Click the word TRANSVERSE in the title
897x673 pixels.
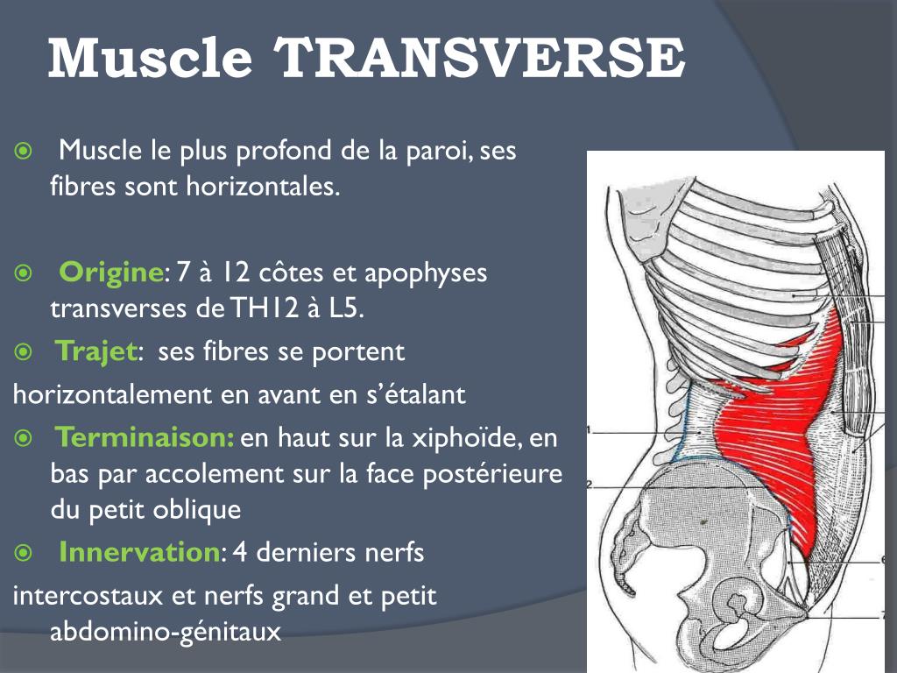[x=480, y=58]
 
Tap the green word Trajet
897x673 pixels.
[x=97, y=353]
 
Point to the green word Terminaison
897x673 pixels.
[x=145, y=436]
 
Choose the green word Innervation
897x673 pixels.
[x=138, y=553]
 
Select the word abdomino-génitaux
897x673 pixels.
[x=166, y=631]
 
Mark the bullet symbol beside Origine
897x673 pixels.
[x=24, y=273]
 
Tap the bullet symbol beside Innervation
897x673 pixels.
[x=24, y=554]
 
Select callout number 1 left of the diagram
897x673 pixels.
[x=590, y=430]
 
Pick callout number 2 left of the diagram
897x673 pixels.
[x=590, y=484]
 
